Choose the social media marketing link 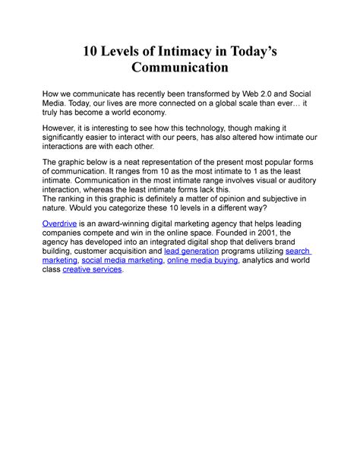click(x=122, y=259)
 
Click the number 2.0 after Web click(x=259, y=94)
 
